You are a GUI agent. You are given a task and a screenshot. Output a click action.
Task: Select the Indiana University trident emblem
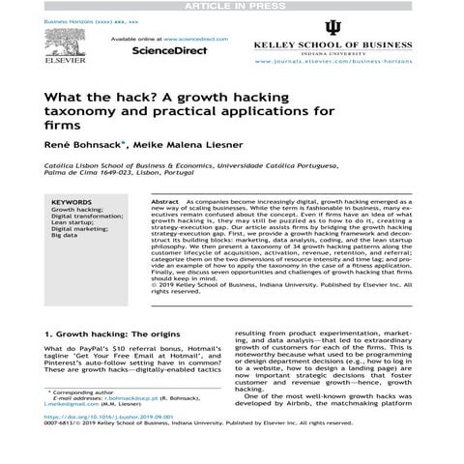pos(334,26)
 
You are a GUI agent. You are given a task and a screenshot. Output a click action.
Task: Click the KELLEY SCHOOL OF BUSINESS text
pos(334,44)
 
